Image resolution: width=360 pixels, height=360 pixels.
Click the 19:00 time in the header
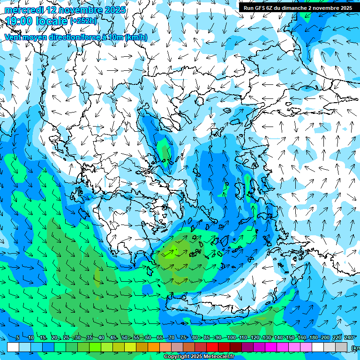(19, 21)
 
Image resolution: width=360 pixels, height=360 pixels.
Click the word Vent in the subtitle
(14, 37)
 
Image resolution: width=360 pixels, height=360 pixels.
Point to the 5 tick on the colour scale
(17, 337)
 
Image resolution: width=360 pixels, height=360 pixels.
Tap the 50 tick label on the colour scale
(125, 337)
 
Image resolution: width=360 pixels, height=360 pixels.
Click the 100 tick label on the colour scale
(231, 337)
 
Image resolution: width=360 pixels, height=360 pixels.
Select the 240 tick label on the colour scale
(349, 337)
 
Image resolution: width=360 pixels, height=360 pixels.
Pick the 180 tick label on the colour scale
(313, 337)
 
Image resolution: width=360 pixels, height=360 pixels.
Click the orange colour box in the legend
(154, 347)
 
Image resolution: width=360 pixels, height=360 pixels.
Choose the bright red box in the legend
(213, 347)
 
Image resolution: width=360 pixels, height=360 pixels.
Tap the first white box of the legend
(13, 347)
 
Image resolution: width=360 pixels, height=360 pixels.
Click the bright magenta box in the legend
(271, 347)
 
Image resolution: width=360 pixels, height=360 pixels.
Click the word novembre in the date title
(76, 10)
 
